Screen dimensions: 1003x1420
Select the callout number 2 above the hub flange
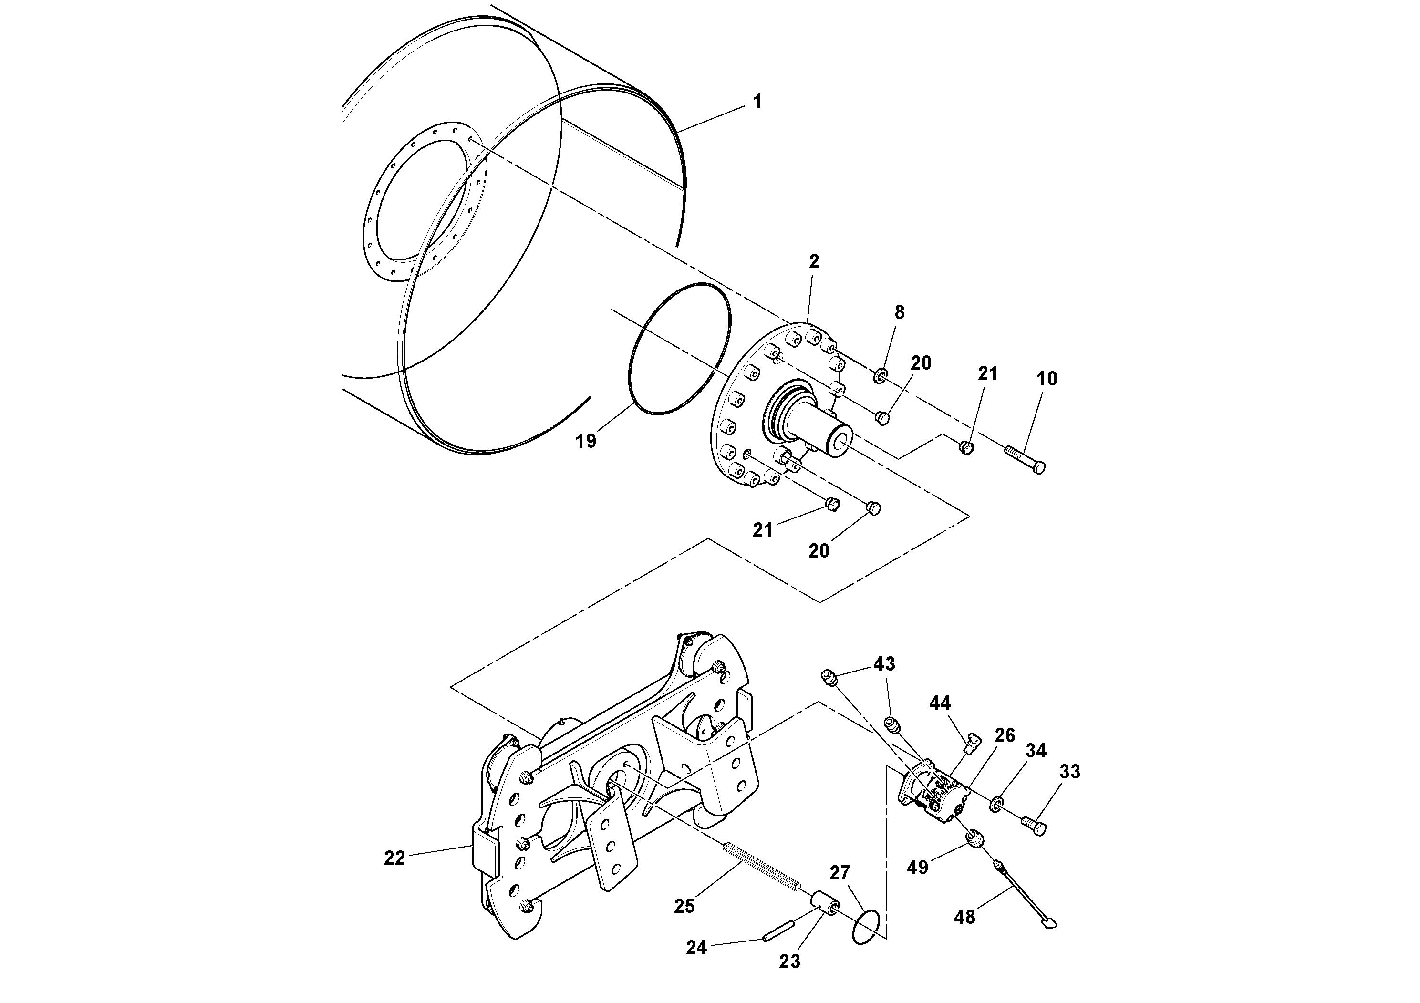[814, 261]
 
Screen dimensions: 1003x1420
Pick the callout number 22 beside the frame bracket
[394, 858]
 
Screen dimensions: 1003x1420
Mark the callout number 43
[884, 663]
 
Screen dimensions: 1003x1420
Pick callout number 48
[964, 916]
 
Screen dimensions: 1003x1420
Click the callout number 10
[1047, 378]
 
